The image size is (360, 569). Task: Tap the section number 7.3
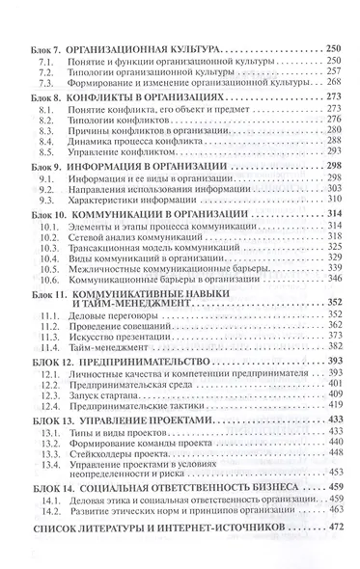42,85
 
